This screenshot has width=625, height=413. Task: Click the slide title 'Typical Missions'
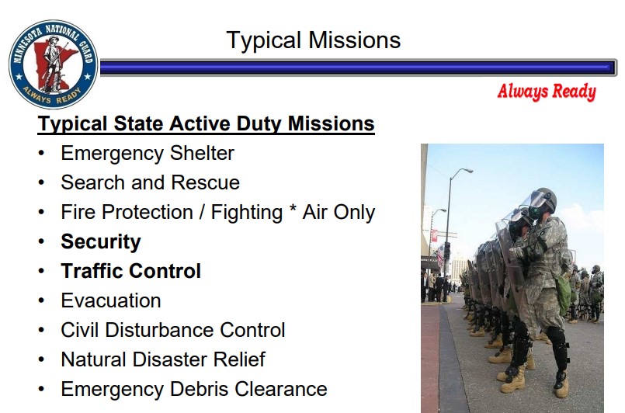(313, 40)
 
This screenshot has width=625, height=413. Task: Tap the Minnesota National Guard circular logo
(54, 64)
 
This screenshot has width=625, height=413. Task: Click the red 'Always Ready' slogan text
(547, 92)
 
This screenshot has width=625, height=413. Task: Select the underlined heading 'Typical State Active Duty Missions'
(207, 123)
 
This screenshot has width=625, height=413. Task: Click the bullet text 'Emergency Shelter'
(148, 153)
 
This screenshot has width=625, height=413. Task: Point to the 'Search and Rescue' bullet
(150, 182)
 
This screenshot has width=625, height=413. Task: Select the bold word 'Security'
(101, 241)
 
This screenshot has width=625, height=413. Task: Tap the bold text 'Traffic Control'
(130, 271)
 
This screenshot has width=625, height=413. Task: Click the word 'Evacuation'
(111, 300)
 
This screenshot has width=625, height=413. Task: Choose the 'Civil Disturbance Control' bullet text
(173, 330)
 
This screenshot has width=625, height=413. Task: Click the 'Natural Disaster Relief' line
(163, 359)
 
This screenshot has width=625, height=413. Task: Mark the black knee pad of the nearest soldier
(557, 338)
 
